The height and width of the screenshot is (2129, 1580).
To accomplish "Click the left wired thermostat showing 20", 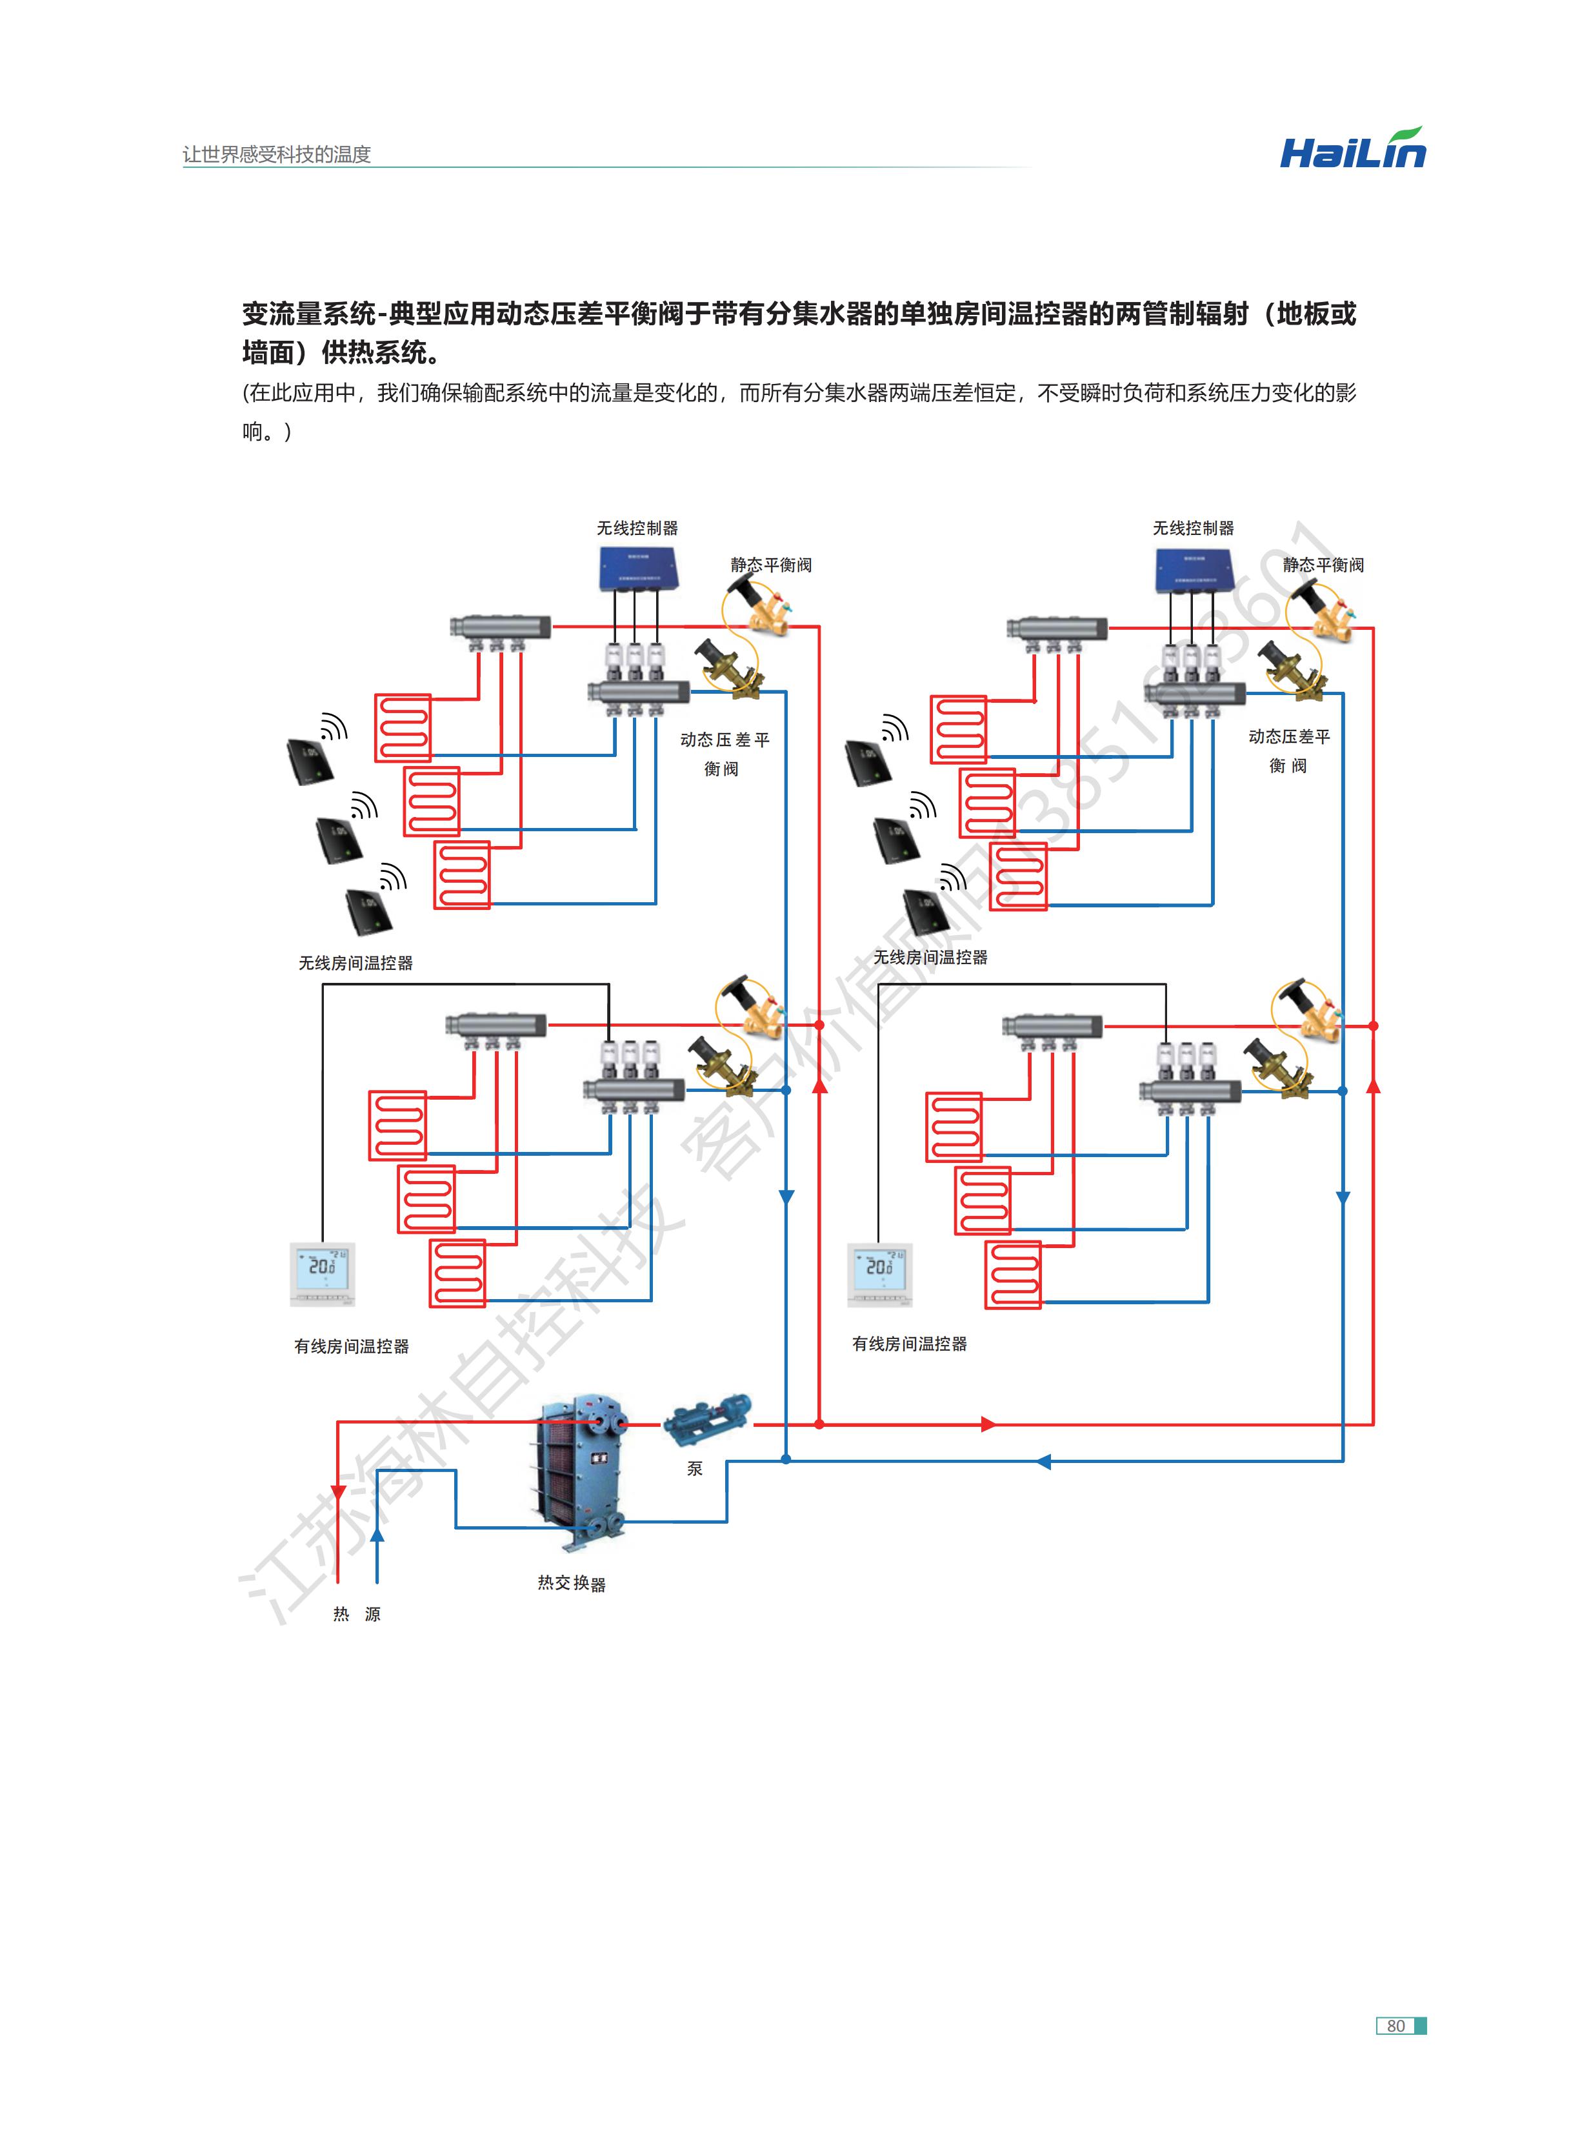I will coord(323,1274).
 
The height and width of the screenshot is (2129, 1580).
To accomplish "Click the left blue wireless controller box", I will coord(637,569).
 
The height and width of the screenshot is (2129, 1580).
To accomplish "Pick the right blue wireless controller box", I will coord(1193,571).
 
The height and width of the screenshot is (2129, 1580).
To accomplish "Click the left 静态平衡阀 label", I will coord(771,565).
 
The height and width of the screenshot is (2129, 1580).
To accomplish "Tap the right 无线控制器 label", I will coord(1193,528).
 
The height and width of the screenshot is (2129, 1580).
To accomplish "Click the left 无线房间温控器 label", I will coord(355,963).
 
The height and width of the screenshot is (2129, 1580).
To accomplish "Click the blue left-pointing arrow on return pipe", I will coord(1043,1462).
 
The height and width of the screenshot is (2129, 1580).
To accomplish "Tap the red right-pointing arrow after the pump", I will coord(989,1424).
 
